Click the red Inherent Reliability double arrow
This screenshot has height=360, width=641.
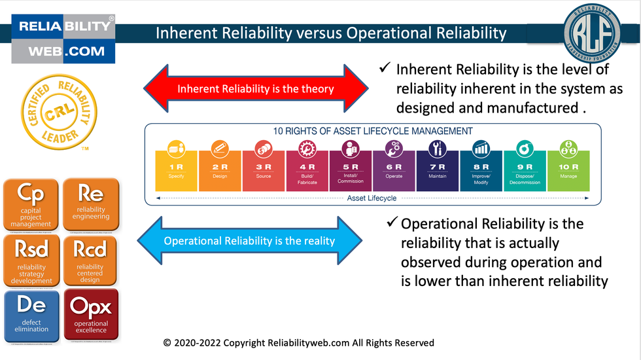[x=256, y=89]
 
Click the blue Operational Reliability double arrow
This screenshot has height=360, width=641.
[x=249, y=241]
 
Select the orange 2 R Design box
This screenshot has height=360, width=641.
[x=220, y=171]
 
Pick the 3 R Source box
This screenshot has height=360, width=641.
[x=264, y=171]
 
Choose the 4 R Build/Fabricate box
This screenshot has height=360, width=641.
[x=307, y=171]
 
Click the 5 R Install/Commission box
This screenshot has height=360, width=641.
[x=351, y=171]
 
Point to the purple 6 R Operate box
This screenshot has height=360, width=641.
[x=394, y=171]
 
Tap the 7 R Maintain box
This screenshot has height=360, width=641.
[x=438, y=171]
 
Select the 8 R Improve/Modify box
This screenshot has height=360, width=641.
[x=481, y=171]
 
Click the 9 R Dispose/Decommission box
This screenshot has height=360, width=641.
[x=525, y=171]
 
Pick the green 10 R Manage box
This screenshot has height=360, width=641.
[x=568, y=171]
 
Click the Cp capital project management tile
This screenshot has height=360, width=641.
[x=31, y=205]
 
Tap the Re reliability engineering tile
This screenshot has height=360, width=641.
[x=91, y=205]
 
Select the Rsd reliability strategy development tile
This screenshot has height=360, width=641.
[x=31, y=260]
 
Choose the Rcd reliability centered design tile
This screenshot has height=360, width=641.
[x=91, y=260]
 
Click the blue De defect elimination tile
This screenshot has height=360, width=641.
[x=31, y=315]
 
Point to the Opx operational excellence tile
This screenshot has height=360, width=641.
[x=91, y=315]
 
